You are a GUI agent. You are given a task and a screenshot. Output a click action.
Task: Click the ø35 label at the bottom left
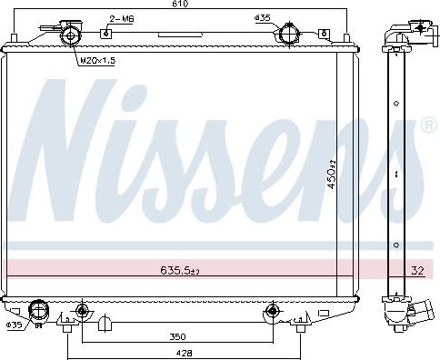(x=14, y=325)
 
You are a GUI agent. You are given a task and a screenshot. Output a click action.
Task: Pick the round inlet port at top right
(x=290, y=35)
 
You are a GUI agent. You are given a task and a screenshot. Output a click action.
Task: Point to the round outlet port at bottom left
(x=38, y=311)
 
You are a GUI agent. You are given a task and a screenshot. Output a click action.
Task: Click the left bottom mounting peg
(x=82, y=313)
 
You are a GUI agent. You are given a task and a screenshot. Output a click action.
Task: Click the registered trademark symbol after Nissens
(x=428, y=125)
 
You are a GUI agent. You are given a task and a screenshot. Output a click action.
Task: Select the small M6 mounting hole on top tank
(x=106, y=33)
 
